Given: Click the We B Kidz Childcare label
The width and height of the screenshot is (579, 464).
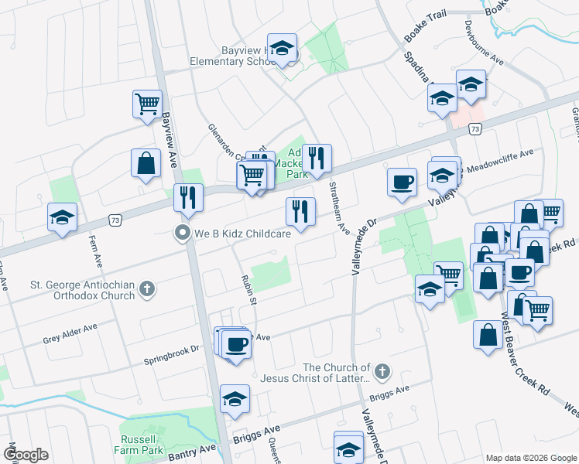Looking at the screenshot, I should coord(242,233).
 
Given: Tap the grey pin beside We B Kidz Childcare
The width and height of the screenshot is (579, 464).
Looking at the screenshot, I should coord(183,232).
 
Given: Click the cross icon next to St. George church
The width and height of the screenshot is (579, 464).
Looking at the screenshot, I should coord(147,290).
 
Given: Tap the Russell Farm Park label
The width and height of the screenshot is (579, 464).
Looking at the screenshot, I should coord(142,442).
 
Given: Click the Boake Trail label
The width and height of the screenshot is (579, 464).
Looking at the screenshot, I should coord(425,37).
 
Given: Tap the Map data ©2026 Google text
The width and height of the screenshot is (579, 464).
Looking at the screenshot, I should coord(531,458).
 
